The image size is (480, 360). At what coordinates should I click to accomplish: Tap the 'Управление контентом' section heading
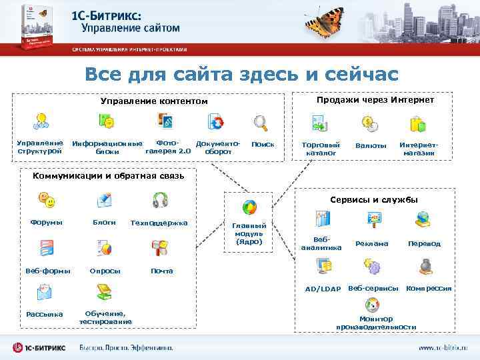tap(154, 101)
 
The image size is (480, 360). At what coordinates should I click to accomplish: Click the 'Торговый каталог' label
tap(321, 149)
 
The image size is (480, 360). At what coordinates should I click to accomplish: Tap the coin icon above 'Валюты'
tap(369, 123)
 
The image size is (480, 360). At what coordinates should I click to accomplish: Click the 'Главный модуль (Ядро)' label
tap(249, 233)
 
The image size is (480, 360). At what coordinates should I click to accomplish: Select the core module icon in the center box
tap(249, 207)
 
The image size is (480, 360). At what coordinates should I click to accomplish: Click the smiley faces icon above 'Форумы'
tap(46, 199)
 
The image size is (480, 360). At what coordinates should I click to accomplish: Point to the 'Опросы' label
tap(105, 271)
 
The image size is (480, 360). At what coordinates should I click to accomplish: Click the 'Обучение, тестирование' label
tap(105, 318)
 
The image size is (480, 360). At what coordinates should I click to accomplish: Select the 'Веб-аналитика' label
tap(321, 243)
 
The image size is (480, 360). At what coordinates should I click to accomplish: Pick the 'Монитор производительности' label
tap(376, 323)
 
